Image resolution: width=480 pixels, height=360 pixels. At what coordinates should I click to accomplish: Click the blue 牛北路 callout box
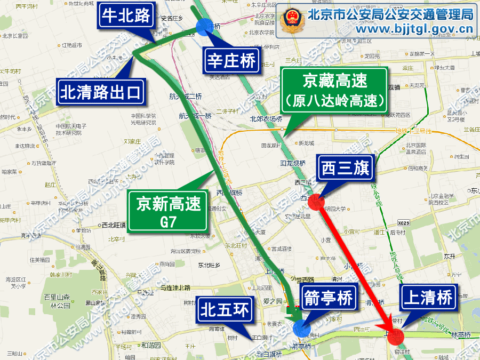[127, 16]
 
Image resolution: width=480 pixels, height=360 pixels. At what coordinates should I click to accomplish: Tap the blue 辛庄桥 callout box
[232, 62]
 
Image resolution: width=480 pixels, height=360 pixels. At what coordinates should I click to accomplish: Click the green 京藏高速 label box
[334, 90]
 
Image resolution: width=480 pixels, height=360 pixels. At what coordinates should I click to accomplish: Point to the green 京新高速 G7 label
[168, 211]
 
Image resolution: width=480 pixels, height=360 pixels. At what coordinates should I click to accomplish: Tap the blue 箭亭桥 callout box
[327, 299]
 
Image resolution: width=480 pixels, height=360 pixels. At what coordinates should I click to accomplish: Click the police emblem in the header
[292, 21]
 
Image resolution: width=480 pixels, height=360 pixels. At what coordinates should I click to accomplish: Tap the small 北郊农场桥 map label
[266, 119]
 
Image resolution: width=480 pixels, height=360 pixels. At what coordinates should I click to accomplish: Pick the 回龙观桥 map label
[292, 163]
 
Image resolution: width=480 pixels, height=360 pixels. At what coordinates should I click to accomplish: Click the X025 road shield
[404, 222]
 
